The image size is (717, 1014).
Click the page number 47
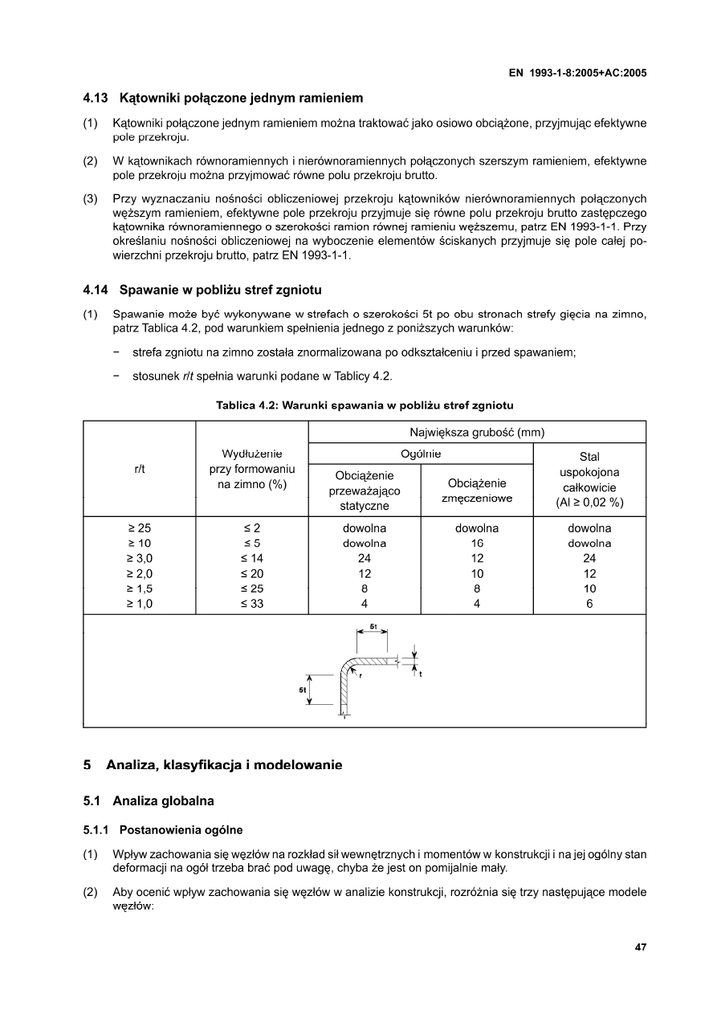(640, 947)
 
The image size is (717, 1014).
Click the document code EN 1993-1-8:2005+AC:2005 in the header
(578, 73)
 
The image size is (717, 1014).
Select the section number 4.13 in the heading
(97, 99)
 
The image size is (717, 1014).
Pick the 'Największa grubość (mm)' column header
(477, 432)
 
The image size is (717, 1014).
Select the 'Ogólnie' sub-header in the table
(421, 454)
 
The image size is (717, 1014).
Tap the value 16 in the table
(477, 544)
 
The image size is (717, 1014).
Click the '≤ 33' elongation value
(252, 604)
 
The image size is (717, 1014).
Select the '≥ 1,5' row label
(139, 588)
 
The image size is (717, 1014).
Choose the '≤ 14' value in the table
(252, 558)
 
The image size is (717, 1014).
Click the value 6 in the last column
(589, 604)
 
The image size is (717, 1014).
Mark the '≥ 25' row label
(139, 528)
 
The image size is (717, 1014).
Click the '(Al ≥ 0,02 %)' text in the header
(589, 503)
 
